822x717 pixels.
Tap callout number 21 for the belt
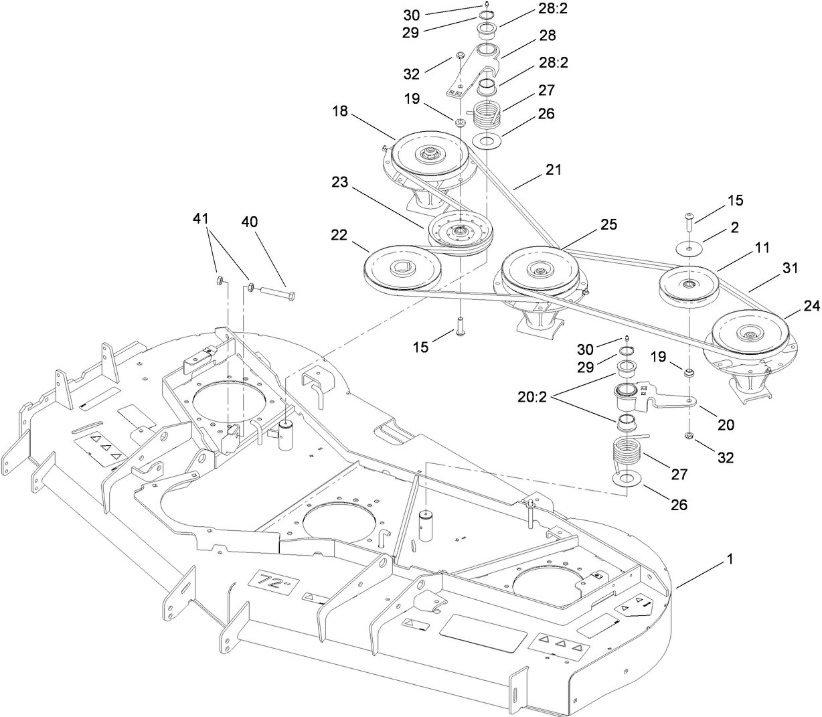[x=552, y=171]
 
